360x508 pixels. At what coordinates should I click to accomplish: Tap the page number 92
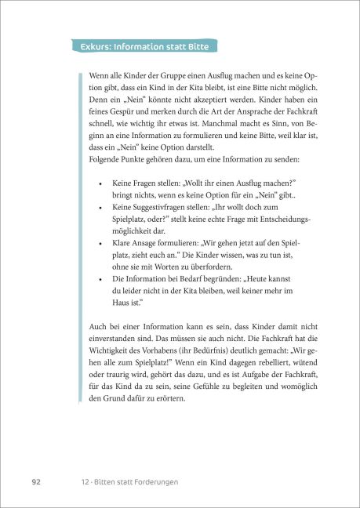click(36, 480)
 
